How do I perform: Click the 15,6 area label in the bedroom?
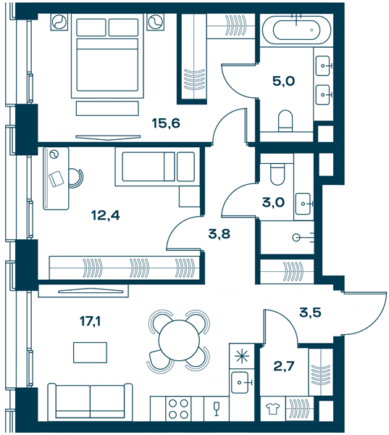(x=166, y=123)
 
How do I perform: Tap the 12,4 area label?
(x=106, y=215)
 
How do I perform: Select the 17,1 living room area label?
(x=90, y=321)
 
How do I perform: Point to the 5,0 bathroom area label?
(x=284, y=81)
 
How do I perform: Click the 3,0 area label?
(x=273, y=202)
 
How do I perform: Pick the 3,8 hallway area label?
(x=219, y=234)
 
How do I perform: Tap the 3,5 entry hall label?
(x=310, y=312)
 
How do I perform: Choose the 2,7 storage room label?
(x=284, y=366)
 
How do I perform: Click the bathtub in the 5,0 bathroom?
(x=297, y=30)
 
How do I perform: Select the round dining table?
(x=180, y=340)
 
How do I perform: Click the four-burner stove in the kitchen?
(x=178, y=409)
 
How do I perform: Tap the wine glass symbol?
(x=217, y=409)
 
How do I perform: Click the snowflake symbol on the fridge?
(x=242, y=356)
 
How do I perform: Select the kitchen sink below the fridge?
(x=240, y=383)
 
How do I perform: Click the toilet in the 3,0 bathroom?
(x=277, y=173)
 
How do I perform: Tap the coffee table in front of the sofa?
(x=90, y=352)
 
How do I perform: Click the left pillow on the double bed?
(x=91, y=28)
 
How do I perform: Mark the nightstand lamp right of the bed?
(x=156, y=22)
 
